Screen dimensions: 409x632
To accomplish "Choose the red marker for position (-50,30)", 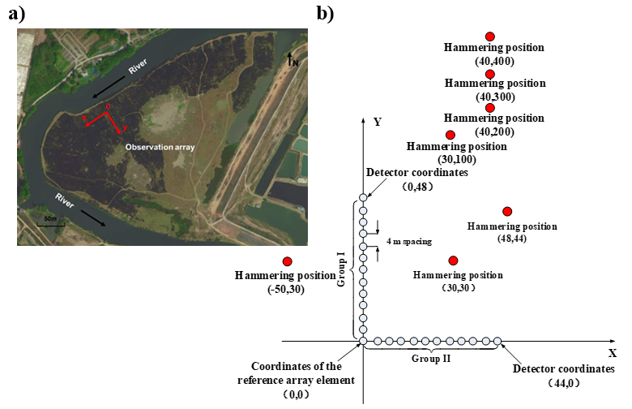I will point(287,261).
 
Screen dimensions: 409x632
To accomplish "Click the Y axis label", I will point(378,122).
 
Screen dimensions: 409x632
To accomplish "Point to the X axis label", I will point(612,354).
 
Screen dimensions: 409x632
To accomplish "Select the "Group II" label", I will point(430,357).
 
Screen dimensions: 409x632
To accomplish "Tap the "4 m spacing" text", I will point(408,241).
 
